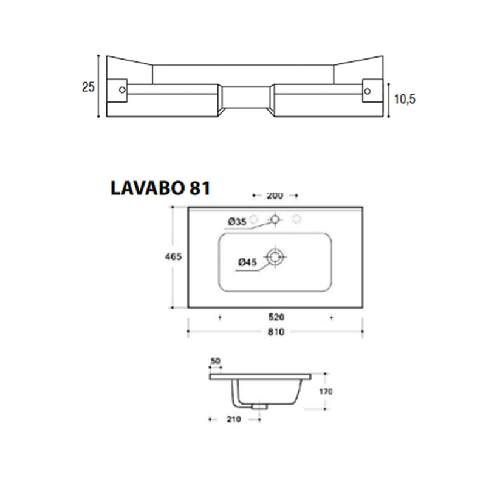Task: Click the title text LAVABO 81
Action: tap(160, 188)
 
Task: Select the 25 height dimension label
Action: tap(88, 87)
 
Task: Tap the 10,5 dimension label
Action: tap(403, 100)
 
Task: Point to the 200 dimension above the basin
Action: tap(275, 196)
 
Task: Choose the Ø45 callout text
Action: tap(246, 262)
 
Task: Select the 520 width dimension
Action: tap(276, 317)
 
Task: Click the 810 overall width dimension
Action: tap(276, 332)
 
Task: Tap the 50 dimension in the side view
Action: tap(215, 362)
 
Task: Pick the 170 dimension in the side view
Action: tap(326, 392)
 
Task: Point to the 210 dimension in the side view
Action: tap(234, 419)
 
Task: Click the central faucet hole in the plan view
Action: tap(276, 219)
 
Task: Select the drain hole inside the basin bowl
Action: tap(276, 257)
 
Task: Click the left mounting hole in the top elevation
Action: tap(122, 90)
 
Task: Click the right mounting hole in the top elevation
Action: tap(367, 90)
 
